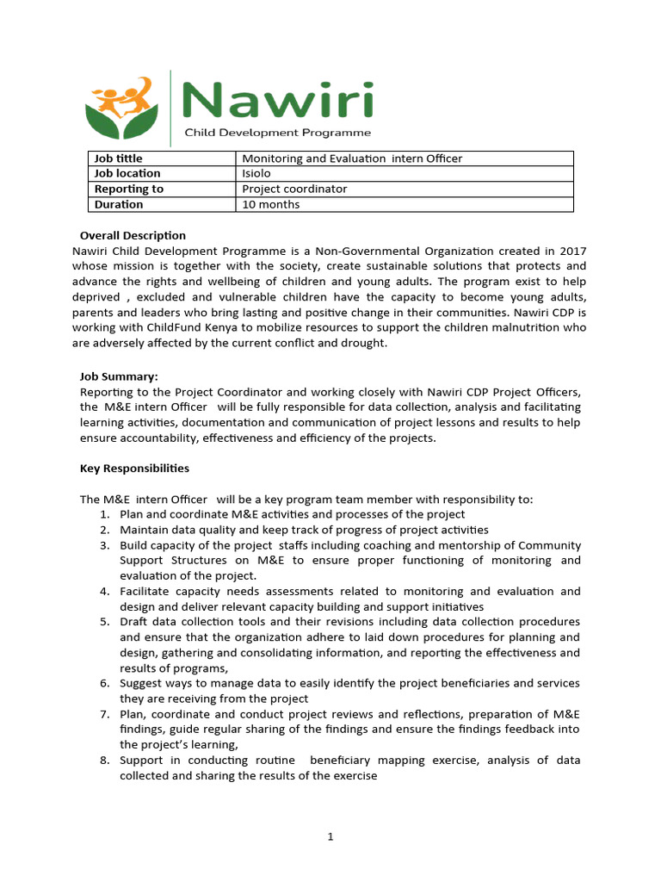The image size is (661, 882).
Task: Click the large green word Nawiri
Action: (280, 102)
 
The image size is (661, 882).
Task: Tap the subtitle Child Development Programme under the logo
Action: (279, 133)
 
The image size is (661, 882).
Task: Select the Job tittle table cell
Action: (119, 158)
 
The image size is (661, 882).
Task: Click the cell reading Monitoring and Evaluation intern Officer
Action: (352, 158)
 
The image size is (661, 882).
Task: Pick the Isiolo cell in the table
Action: (257, 173)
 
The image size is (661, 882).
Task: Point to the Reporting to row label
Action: (128, 189)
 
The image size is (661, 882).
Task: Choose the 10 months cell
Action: (271, 204)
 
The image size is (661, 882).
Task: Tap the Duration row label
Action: (119, 204)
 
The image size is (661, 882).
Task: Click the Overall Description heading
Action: (133, 235)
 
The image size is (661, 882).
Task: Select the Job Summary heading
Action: (119, 376)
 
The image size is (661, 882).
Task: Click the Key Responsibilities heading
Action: (134, 469)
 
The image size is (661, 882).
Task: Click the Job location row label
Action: (127, 173)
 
